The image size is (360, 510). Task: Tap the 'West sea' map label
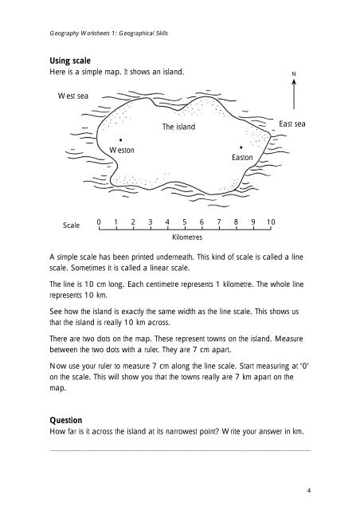coord(73,96)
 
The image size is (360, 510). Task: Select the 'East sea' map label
coord(292,124)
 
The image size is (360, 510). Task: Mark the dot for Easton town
coord(241,147)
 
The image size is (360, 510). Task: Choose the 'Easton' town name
coord(242,159)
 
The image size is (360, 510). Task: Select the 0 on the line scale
coord(98,222)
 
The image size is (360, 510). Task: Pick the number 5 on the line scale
coord(184,222)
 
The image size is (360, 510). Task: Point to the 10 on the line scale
coord(271,222)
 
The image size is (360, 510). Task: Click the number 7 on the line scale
coord(219,222)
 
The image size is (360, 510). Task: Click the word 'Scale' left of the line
coord(72,226)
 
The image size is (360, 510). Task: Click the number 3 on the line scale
coord(150,222)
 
